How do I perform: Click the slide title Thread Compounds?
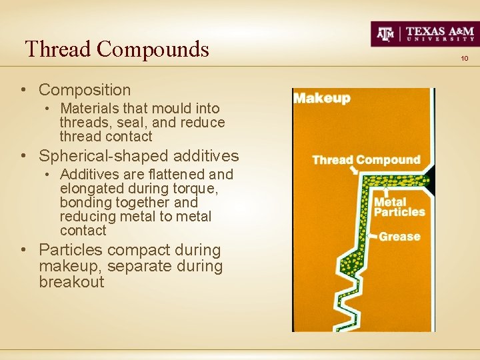click(x=117, y=49)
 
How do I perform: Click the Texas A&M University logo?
click(x=424, y=33)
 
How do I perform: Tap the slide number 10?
click(x=465, y=59)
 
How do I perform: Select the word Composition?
click(x=85, y=89)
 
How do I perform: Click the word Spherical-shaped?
click(x=103, y=156)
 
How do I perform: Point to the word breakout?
click(x=71, y=282)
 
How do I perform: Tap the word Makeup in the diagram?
click(x=322, y=98)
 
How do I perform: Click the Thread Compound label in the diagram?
click(x=366, y=160)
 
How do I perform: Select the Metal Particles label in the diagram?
click(x=399, y=207)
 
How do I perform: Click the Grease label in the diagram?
click(x=399, y=236)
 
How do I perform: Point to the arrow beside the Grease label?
click(x=372, y=236)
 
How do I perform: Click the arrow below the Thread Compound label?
click(x=353, y=171)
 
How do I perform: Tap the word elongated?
click(x=83, y=189)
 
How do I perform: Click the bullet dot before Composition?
click(x=23, y=90)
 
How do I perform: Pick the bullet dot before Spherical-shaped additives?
click(x=23, y=157)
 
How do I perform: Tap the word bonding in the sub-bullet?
click(x=83, y=203)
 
